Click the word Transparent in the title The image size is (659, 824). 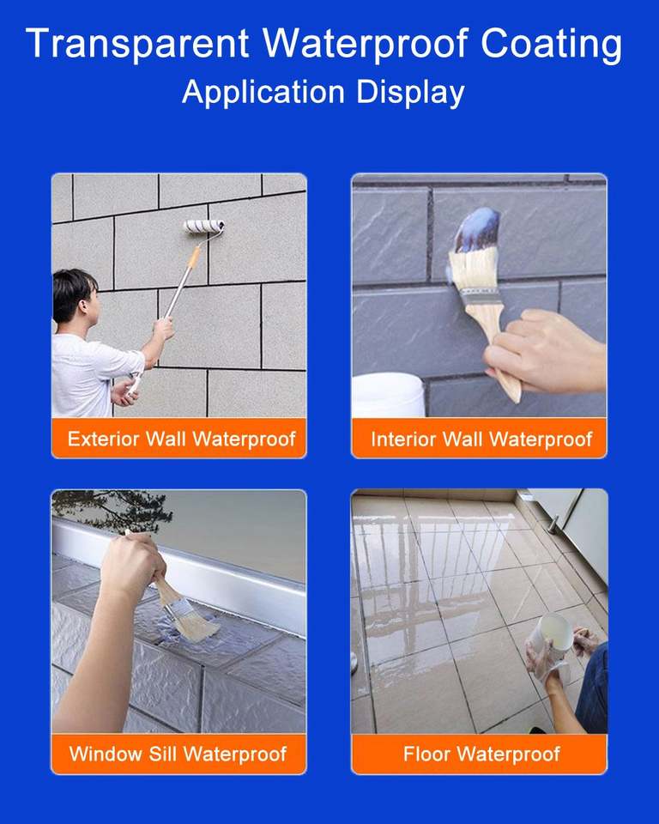(137, 43)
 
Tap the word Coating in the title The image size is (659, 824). (551, 44)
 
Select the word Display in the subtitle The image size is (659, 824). (410, 93)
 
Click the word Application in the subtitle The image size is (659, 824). (263, 93)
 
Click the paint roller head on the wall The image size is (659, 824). (204, 226)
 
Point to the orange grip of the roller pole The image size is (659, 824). (193, 257)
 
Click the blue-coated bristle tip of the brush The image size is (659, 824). (477, 230)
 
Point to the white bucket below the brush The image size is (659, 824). (388, 394)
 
